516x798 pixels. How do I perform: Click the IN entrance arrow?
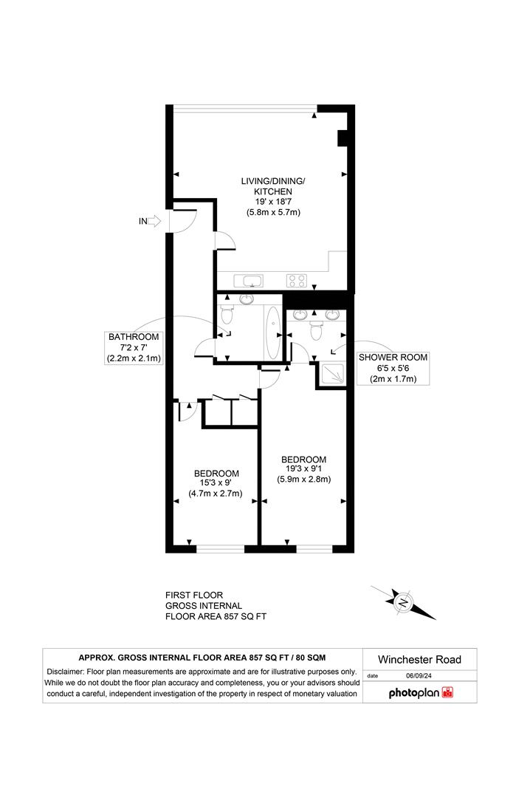[154, 220]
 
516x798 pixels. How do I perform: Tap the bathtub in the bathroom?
[273, 332]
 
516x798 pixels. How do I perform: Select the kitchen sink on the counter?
[248, 280]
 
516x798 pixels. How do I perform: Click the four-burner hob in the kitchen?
[297, 280]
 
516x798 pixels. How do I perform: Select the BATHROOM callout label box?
[134, 347]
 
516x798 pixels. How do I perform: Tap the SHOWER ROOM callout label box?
[393, 368]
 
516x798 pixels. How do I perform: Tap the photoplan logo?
[420, 693]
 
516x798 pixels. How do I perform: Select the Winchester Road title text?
[419, 659]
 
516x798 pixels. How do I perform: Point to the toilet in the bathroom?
[227, 315]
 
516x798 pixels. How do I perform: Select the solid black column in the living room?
[343, 139]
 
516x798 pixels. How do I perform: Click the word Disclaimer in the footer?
[67, 672]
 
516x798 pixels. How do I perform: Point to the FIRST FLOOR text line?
[193, 595]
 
